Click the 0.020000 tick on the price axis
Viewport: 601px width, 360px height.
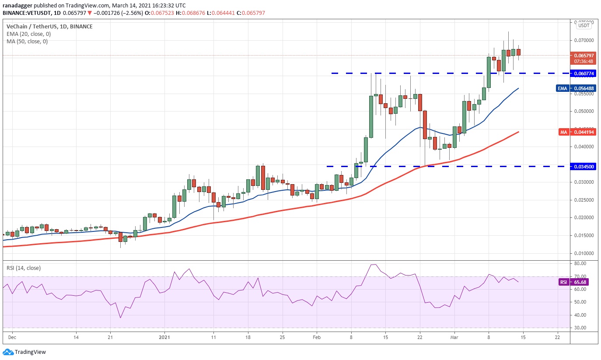[x=584, y=218]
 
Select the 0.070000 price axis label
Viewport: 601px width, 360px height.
[x=584, y=40]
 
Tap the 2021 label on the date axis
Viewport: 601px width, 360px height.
[x=164, y=337]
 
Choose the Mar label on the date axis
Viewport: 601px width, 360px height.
[x=454, y=337]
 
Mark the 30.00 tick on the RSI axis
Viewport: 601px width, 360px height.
[x=580, y=328]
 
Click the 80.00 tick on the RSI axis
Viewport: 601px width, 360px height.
[x=580, y=264]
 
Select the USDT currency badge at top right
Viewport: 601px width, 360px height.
[x=584, y=25]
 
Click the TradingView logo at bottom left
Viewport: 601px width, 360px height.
[x=25, y=352]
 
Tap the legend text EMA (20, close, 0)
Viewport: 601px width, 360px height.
[x=29, y=34]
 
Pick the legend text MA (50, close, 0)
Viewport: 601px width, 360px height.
[x=27, y=42]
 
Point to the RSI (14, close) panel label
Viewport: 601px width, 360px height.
[x=24, y=268]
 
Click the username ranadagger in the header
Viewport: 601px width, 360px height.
[x=17, y=6]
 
